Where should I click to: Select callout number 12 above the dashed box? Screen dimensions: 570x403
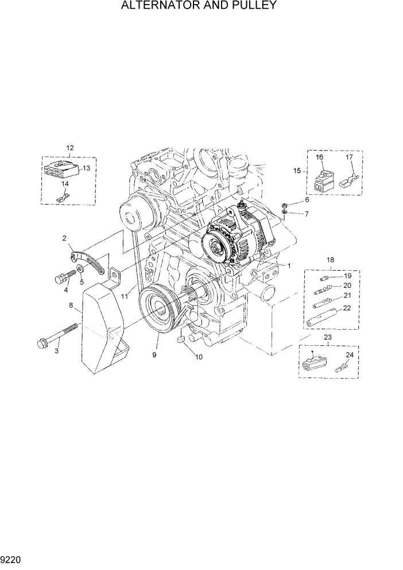click(x=70, y=148)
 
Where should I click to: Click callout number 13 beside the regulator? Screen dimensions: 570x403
click(x=86, y=168)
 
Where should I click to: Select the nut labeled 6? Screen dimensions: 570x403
click(x=285, y=205)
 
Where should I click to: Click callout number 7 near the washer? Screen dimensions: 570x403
click(x=307, y=214)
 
